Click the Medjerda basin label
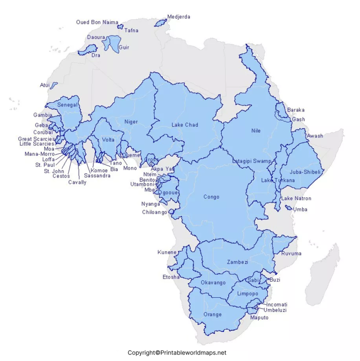179,17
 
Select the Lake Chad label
185,125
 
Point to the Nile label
255,131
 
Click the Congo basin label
211,197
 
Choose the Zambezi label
237,262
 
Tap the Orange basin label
212,314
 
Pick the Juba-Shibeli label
305,172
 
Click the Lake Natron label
296,198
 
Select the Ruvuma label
291,254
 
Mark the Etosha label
171,277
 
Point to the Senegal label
67,105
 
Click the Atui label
45,85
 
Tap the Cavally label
77,182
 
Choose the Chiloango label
154,212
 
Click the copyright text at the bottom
177,353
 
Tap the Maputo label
259,317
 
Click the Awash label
315,136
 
